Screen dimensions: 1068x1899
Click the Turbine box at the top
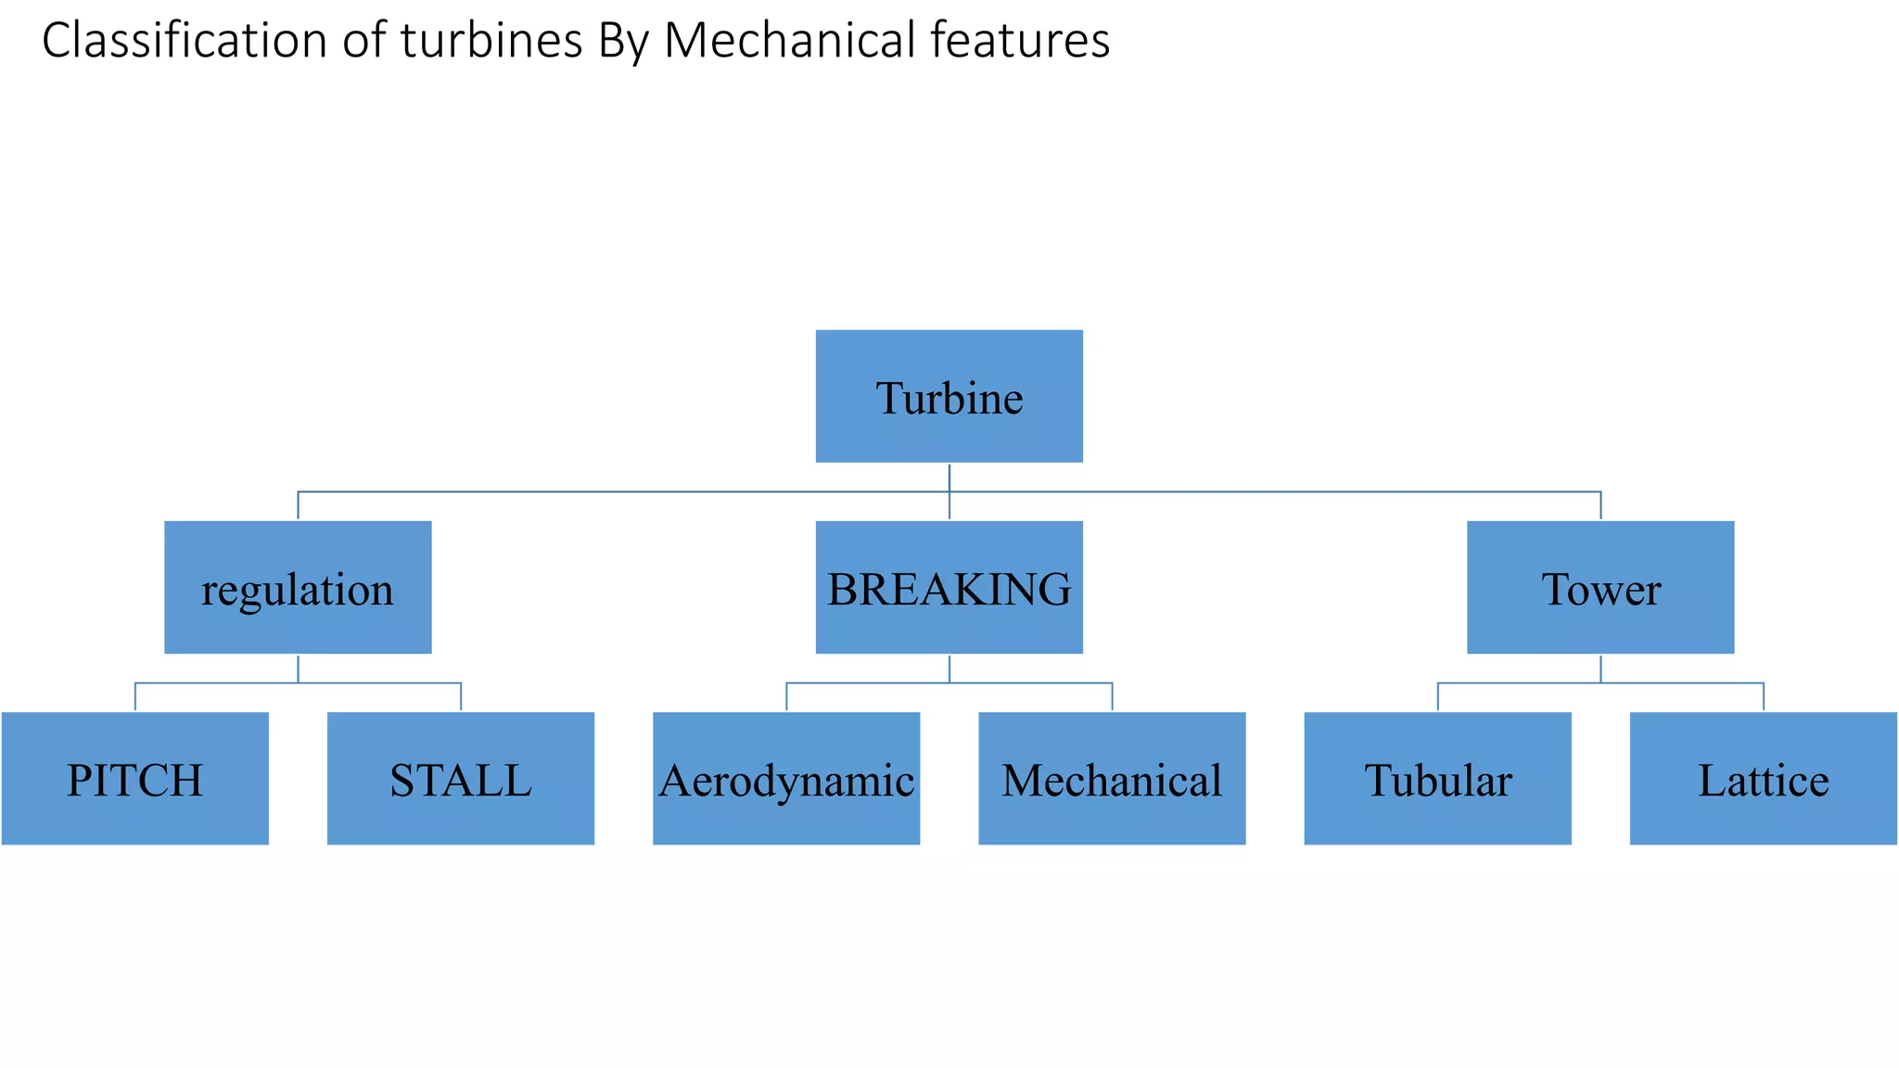pyautogui.click(x=949, y=396)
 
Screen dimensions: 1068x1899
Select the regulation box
pyautogui.click(x=298, y=587)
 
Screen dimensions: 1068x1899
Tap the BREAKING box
pyautogui.click(x=949, y=587)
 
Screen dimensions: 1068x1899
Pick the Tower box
pyautogui.click(x=1599, y=587)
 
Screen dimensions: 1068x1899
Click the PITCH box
pyautogui.click(x=135, y=778)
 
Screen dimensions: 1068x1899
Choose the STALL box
pyautogui.click(x=461, y=778)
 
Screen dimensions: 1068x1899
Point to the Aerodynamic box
pyautogui.click(x=786, y=778)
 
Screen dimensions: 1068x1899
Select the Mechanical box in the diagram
pyautogui.click(x=1112, y=778)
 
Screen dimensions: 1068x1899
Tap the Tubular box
pyautogui.click(x=1437, y=778)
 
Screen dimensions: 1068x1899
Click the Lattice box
pyautogui.click(x=1763, y=778)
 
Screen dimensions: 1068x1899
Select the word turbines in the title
pyautogui.click(x=491, y=42)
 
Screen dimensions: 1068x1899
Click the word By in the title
pyautogui.click(x=623, y=42)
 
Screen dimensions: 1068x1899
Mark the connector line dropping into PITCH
pyautogui.click(x=135, y=697)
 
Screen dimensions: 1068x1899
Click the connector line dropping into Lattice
pyautogui.click(x=1763, y=697)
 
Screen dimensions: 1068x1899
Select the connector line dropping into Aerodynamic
pyautogui.click(x=786, y=697)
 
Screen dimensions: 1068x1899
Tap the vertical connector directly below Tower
pyautogui.click(x=1600, y=668)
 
